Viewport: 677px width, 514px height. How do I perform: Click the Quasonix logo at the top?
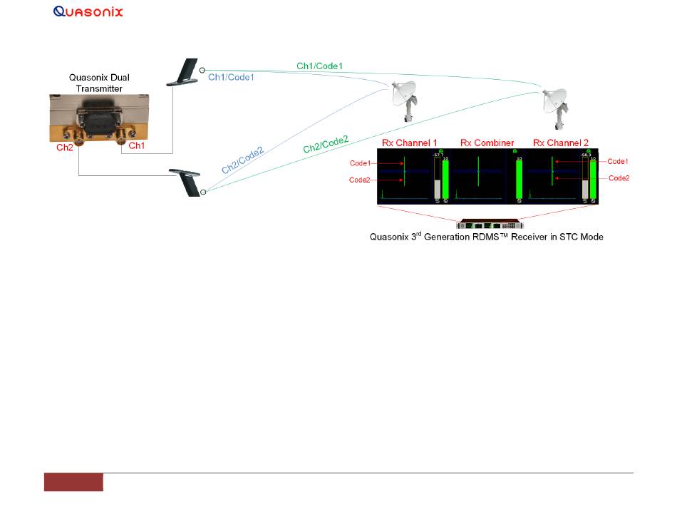click(88, 11)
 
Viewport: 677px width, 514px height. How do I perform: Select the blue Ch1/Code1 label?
click(231, 77)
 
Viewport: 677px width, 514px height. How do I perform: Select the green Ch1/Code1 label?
click(320, 66)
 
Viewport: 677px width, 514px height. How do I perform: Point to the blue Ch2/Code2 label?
click(242, 160)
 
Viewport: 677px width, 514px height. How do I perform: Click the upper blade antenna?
click(183, 73)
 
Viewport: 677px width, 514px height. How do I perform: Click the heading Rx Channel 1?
click(410, 143)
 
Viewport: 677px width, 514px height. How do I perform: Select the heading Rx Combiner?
click(487, 143)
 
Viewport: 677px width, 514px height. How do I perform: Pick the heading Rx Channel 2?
click(559, 143)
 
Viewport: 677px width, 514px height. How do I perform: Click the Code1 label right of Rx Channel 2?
click(618, 162)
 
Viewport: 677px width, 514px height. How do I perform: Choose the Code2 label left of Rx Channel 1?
click(360, 180)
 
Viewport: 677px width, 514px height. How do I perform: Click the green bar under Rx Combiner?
click(519, 180)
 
